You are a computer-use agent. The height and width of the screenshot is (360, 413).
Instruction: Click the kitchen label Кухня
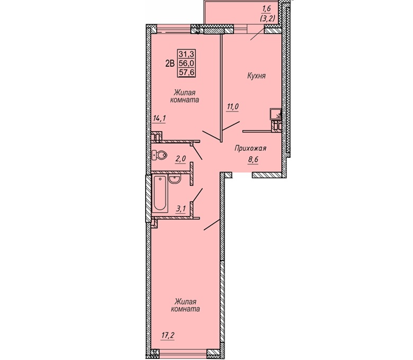[256, 76]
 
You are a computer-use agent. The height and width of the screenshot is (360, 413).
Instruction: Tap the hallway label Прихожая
[250, 149]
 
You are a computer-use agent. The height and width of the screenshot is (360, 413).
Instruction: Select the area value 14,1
[159, 119]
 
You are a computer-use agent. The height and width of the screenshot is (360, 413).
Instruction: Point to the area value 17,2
[168, 336]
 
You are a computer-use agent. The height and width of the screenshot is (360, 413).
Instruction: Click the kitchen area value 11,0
[232, 106]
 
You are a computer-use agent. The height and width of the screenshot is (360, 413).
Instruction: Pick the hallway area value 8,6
[253, 159]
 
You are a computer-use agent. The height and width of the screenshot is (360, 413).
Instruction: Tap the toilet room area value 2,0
[181, 159]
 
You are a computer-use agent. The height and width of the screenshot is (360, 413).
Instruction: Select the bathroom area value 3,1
[181, 209]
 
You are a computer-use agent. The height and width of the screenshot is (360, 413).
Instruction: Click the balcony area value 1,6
[266, 10]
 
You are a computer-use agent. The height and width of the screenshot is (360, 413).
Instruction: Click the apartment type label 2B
[170, 64]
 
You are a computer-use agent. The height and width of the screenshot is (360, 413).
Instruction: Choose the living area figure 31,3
[186, 54]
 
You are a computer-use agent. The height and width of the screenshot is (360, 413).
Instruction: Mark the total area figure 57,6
[186, 72]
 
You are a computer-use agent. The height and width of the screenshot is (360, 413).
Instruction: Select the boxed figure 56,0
[186, 63]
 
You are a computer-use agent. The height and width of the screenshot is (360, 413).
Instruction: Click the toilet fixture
[159, 155]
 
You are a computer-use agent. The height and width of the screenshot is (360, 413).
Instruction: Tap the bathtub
[159, 194]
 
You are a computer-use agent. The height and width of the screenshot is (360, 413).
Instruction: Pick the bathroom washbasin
[174, 179]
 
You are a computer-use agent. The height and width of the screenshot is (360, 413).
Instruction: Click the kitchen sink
[275, 114]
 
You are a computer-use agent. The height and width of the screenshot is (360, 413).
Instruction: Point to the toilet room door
[197, 152]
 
